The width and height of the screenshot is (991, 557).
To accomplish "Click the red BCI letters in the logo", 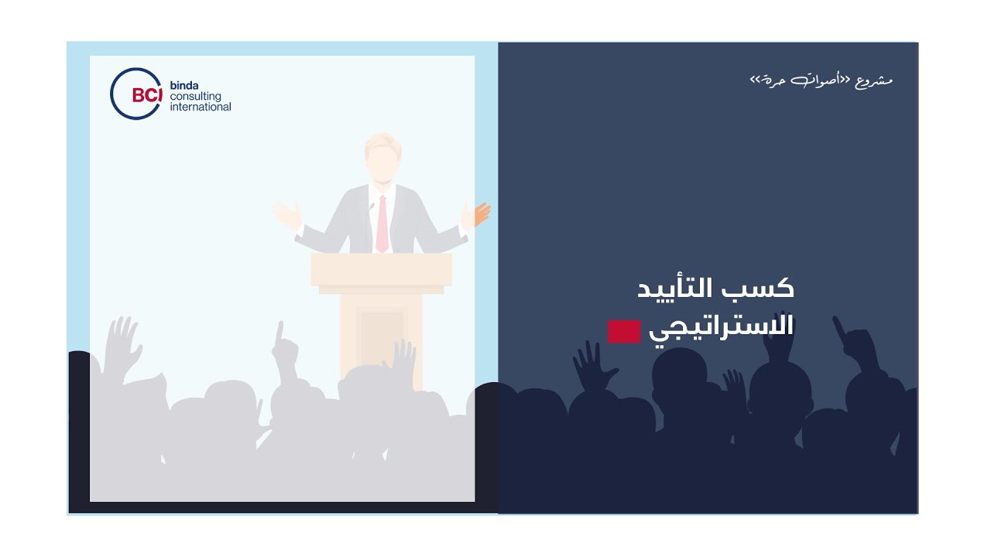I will click(146, 95).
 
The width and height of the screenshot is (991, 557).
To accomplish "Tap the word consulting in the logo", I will click(195, 96).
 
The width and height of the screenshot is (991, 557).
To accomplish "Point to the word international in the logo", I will click(200, 107).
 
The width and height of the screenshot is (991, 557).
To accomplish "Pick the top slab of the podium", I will click(381, 269).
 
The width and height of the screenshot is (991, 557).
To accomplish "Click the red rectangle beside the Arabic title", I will click(624, 331).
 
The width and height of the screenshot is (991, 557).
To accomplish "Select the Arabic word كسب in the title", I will click(766, 289).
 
